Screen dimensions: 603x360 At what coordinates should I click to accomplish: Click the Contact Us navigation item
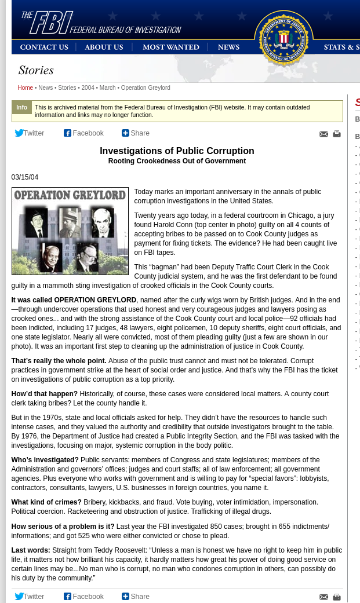44,47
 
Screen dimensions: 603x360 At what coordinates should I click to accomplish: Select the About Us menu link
104,47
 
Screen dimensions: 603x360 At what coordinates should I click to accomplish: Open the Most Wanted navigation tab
170,47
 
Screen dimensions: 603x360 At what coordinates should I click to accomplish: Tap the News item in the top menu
228,47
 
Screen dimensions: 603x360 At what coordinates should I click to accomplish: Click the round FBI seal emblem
283,38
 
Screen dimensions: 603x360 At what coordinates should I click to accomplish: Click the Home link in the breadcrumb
25,88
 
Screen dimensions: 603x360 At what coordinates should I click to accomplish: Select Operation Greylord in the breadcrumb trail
146,88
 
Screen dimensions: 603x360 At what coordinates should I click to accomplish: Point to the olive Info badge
21,108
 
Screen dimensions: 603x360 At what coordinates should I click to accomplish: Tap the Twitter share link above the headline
30,133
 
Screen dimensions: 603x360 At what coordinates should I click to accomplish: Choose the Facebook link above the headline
84,133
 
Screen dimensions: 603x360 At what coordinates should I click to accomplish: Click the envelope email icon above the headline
323,134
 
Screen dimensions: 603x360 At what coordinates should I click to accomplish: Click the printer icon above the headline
337,134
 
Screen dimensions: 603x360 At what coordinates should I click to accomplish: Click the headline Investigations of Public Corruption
177,151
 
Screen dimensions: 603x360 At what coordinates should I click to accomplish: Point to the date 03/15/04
25,177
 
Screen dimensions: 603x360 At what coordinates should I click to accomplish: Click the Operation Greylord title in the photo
70,195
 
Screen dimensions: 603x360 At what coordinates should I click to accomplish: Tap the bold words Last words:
31,550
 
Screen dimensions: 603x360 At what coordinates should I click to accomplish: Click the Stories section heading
36,71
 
